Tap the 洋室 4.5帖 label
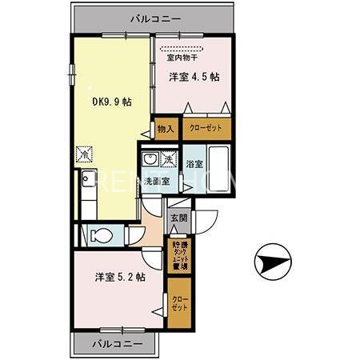(194, 78)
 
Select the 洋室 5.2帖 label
(120, 277)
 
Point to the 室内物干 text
(183, 57)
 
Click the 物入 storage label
(165, 128)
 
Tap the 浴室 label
(194, 164)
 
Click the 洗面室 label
(156, 182)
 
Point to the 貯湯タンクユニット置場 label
(179, 255)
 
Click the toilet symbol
(101, 236)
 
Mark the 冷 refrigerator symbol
(82, 152)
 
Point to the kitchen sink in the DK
(86, 177)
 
